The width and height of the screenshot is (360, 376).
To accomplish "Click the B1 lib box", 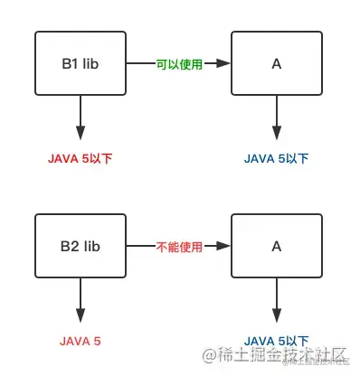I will coord(81,63).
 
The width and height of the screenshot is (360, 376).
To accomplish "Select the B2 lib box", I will coord(81,245).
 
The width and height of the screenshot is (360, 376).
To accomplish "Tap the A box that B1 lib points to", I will coord(276,63).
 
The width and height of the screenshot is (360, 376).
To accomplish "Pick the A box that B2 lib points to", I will coord(276,245).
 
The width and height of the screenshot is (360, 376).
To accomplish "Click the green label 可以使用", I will coord(179,63).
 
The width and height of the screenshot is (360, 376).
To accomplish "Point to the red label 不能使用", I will coord(179,245).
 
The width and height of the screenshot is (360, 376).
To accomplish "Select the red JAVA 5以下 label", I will coord(80,158).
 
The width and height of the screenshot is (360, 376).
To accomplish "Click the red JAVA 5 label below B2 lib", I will coord(80,341).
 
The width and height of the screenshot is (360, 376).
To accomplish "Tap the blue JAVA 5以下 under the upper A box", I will coord(276,158).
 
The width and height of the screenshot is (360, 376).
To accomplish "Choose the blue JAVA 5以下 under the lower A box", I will coord(276,341).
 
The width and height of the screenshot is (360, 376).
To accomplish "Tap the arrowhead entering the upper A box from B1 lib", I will coord(226,63).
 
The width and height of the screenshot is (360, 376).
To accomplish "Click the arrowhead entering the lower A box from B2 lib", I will coord(226,245).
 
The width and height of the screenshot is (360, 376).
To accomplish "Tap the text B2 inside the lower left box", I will coord(70,245).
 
